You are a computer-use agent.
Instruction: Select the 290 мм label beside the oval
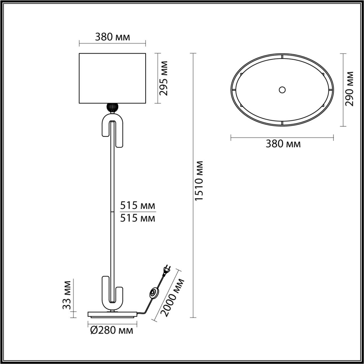tap(350, 88)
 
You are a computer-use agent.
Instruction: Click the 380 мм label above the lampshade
tap(112, 37)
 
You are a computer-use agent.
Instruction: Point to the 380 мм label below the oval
tap(283, 144)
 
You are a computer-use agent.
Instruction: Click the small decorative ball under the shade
tap(112, 107)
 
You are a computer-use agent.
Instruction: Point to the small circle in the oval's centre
tap(282, 90)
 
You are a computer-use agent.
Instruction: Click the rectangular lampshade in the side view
tap(112, 78)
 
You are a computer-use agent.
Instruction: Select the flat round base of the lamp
tap(112, 314)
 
